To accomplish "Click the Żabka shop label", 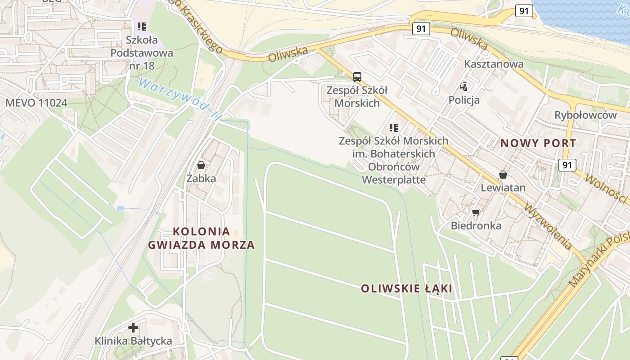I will tap(201, 179).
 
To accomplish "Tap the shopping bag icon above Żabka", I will tap(201, 165).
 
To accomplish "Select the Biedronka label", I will tap(476, 225).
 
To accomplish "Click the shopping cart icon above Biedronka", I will tap(476, 212).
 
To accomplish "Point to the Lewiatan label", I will tap(503, 188).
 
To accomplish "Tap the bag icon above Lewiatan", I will tap(503, 175).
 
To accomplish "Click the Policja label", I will tap(464, 100).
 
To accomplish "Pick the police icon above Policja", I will tap(464, 86).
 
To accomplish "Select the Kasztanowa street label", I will tap(494, 64).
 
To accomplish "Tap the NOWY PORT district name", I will tap(538, 144).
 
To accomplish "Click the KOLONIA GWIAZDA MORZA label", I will tap(201, 238).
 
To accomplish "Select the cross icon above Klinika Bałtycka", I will tap(133, 328).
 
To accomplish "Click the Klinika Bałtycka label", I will tap(133, 341).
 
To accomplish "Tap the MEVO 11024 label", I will tap(36, 103).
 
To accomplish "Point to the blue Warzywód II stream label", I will tap(180, 99).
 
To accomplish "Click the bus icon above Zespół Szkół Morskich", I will tap(357, 76).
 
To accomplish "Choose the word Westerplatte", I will tap(394, 180).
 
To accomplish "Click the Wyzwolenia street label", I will tap(548, 227).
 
